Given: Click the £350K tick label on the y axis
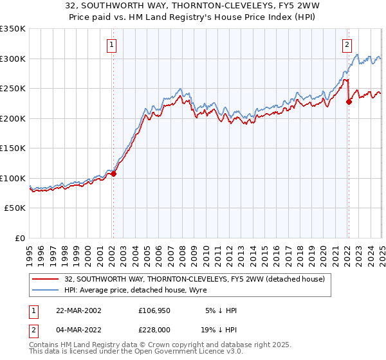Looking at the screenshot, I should (13, 29).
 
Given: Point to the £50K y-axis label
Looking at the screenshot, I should (15, 208).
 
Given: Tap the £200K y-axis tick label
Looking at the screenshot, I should (13, 118).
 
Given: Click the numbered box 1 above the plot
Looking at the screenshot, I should (112, 45).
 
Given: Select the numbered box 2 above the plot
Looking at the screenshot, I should (347, 45).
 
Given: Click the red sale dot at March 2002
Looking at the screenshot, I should (113, 174).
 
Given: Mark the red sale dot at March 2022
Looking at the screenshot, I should (348, 102).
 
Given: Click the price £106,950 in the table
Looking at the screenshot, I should (153, 310).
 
